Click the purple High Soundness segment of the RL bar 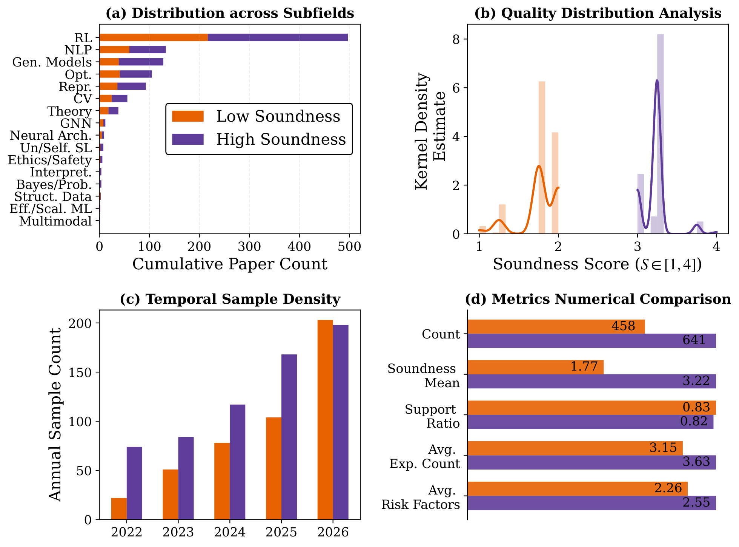(277, 37)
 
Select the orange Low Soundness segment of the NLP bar (114, 50)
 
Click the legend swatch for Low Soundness (187, 116)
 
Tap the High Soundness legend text (281, 139)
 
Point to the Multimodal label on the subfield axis (55, 221)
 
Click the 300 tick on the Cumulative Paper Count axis (249, 247)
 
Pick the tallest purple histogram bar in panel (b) (660, 134)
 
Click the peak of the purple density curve (657, 80)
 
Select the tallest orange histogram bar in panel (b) (541, 158)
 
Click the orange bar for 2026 (325, 420)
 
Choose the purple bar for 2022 (134, 483)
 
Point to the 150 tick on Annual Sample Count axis (85, 372)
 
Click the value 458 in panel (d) (623, 326)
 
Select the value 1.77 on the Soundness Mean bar (584, 366)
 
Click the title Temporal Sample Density (230, 299)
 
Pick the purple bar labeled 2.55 (592, 503)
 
